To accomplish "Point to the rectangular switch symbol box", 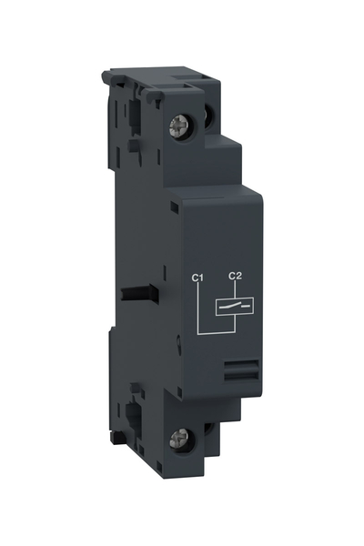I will pos(233,307).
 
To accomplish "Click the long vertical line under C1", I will pos(198,309).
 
